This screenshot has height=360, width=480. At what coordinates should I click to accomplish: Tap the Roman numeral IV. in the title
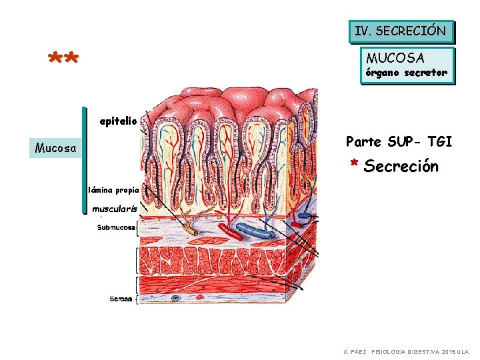[363, 31]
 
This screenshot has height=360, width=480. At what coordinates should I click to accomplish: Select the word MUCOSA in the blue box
[395, 58]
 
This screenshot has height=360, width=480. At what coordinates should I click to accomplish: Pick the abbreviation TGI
[439, 141]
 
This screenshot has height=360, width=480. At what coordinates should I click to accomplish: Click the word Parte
[363, 141]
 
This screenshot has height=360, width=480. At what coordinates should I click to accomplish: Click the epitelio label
[118, 121]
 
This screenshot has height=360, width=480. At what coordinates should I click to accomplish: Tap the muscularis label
[115, 209]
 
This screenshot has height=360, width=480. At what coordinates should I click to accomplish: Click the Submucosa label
[117, 228]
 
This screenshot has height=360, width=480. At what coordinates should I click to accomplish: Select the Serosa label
[122, 299]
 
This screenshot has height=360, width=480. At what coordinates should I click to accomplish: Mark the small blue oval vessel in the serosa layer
[176, 297]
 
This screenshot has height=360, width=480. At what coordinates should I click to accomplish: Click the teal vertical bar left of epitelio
[85, 160]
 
